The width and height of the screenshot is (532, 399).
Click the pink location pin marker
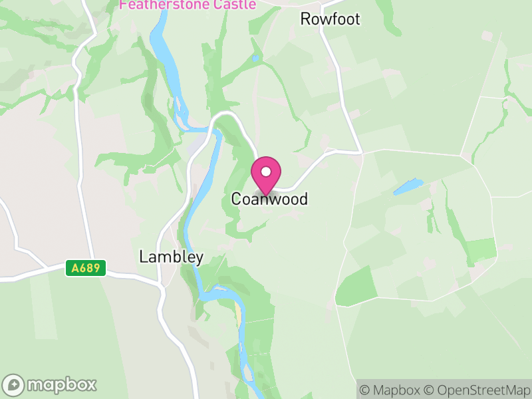click(266, 175)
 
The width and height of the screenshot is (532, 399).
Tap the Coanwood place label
click(269, 199)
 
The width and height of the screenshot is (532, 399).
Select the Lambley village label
click(172, 257)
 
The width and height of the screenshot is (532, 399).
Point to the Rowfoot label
click(330, 19)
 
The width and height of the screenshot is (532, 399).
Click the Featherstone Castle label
click(188, 5)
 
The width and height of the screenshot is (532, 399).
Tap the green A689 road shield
click(85, 268)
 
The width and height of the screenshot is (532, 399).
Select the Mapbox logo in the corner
click(51, 384)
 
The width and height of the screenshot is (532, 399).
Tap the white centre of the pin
click(266, 172)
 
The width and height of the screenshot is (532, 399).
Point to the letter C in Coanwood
click(236, 199)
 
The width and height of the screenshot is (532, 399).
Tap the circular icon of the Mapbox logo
click(13, 384)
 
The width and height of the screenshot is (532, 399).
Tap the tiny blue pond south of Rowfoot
click(255, 59)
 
